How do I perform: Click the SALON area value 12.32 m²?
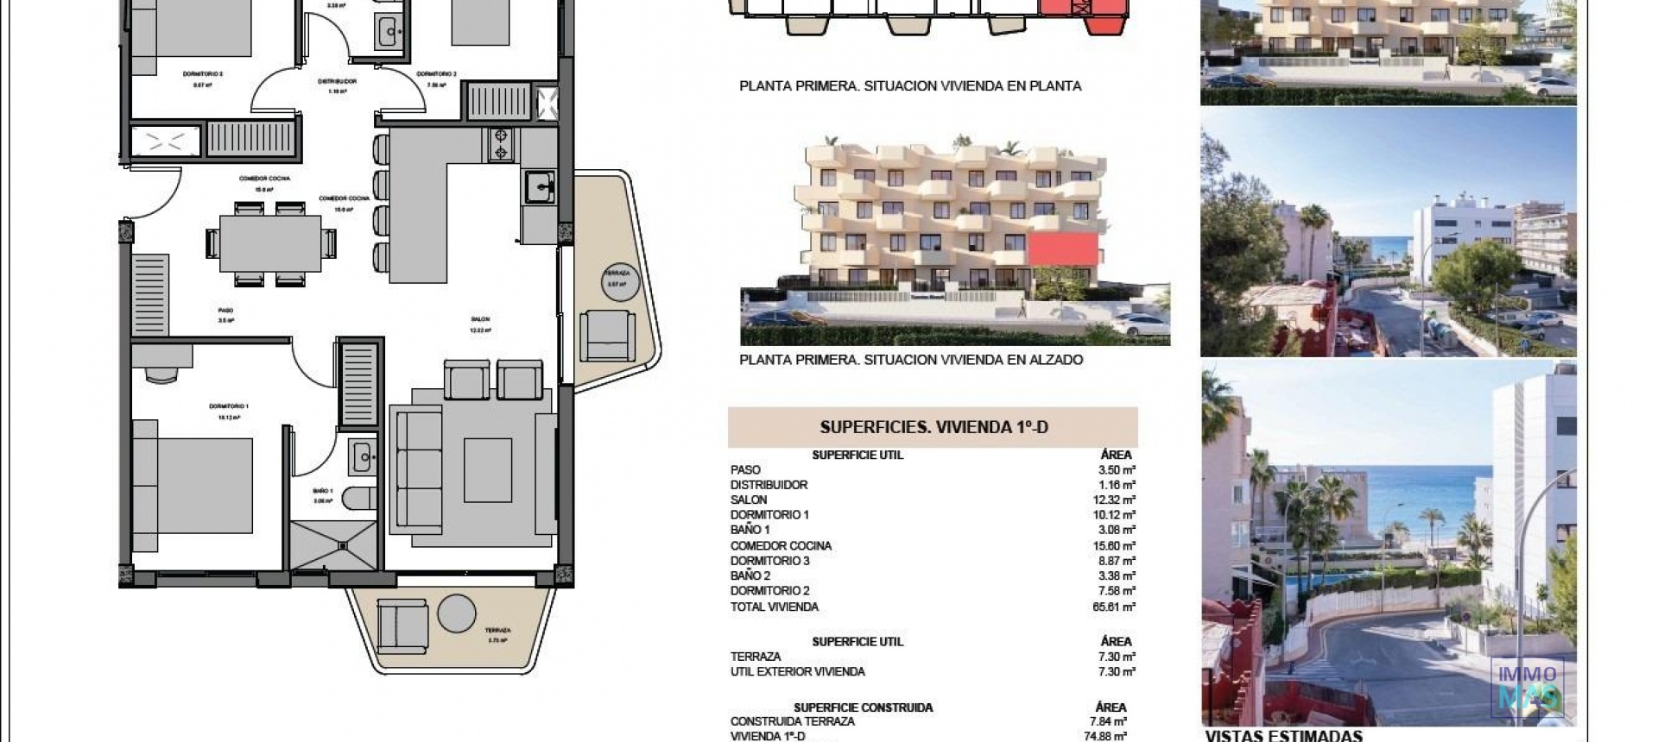[1116, 500]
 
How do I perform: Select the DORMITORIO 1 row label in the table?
[769, 515]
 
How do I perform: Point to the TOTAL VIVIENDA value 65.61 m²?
[1115, 607]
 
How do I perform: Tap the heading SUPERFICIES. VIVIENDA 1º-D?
[933, 426]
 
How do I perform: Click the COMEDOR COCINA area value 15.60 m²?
[1116, 545]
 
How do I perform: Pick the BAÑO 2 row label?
[750, 575]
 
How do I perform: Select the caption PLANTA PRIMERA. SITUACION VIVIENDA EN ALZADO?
[910, 360]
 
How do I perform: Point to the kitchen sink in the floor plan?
[539, 185]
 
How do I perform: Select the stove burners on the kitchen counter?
[500, 144]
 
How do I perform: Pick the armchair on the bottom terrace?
[402, 625]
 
